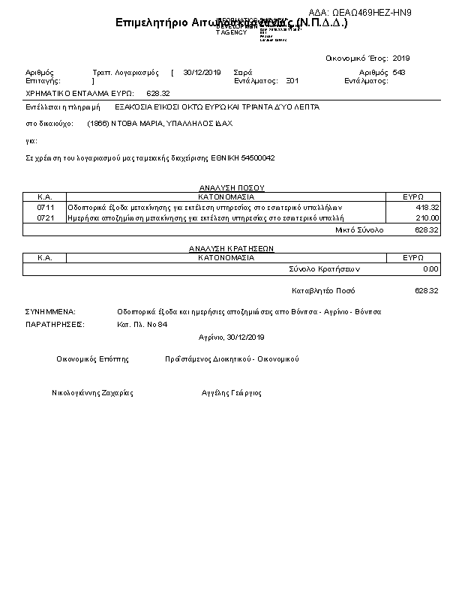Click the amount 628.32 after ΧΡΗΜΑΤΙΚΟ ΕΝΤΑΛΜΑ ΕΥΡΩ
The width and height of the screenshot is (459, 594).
(x=158, y=94)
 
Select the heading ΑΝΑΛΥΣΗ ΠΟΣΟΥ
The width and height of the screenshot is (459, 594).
(x=232, y=188)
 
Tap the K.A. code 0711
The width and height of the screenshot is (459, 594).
(x=45, y=207)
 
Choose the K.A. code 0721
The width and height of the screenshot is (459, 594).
(x=45, y=217)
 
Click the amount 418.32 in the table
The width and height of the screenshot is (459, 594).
(x=427, y=207)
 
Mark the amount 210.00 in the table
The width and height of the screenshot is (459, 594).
(x=427, y=217)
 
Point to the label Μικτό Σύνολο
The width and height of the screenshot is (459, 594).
(x=358, y=230)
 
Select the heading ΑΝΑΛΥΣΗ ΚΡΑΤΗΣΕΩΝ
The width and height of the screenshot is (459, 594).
(x=232, y=248)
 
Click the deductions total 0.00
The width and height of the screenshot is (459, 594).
(x=430, y=268)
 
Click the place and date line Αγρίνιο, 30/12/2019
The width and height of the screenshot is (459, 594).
(x=232, y=337)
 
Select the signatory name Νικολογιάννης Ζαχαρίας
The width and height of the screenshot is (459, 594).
(x=92, y=392)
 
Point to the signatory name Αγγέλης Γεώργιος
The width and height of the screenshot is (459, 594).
(x=232, y=392)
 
